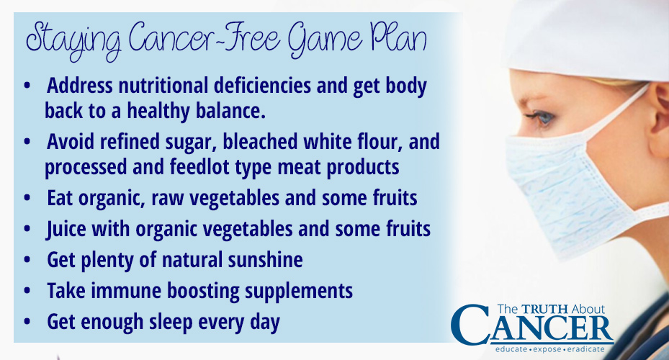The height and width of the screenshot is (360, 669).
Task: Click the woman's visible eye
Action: click(x=541, y=117)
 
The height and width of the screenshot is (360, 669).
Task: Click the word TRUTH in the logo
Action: click(x=545, y=309)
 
